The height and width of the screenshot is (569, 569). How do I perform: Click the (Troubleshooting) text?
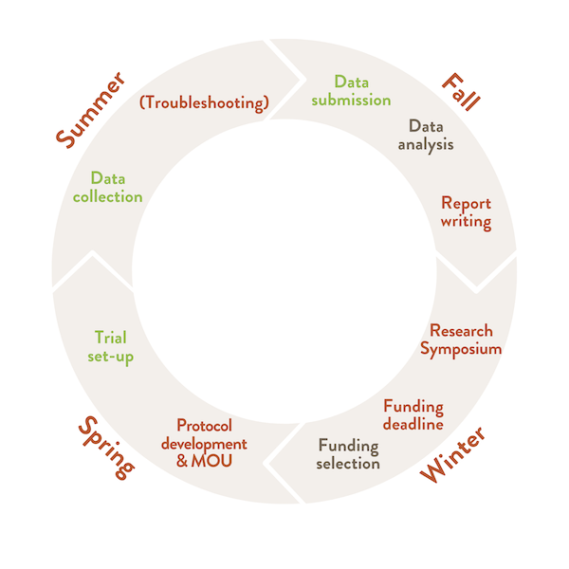pos(204,101)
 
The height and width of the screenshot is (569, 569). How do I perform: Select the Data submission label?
pos(349,90)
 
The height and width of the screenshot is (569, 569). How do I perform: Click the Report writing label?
pos(466,212)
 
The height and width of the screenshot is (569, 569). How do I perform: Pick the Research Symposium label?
pos(461,340)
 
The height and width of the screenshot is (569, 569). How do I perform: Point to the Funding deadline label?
pos(413,415)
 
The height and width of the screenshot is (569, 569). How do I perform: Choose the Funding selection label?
pos(348,454)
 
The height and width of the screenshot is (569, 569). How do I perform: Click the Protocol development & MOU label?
pos(204,443)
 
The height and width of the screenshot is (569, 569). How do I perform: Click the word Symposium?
pos(461,349)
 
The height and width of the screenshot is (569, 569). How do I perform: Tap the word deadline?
pos(413,424)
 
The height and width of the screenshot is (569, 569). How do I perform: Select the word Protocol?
pos(204,426)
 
